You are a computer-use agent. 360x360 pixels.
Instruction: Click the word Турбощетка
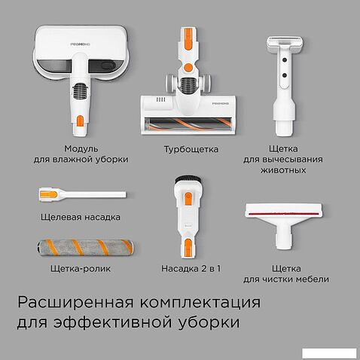pos(191,150)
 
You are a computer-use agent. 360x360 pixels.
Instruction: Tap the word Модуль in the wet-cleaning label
pos(81,148)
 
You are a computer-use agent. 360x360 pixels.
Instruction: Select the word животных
pos(283,170)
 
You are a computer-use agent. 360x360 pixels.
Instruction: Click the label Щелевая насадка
pos(81,217)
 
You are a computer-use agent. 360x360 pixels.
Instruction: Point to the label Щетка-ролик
pos(81,269)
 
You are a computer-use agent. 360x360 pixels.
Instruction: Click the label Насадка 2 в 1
pos(191,269)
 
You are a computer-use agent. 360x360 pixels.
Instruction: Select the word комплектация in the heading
pos(200,303)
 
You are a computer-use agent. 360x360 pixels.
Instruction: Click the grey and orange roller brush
pos(85,247)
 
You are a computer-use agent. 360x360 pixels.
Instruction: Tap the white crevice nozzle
pos(82,195)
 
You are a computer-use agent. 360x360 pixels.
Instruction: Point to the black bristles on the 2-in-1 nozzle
pos(188,179)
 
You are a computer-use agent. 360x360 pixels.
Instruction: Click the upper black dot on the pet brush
pos(285,60)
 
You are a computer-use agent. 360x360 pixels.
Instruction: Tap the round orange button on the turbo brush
pos(188,67)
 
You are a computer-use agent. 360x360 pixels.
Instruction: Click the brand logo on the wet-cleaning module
pos(81,44)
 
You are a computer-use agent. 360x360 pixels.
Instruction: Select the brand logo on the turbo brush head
pos(220,103)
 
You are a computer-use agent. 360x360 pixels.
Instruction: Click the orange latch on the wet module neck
pos(81,121)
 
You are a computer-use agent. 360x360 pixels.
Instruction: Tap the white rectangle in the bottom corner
pos(329,353)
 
